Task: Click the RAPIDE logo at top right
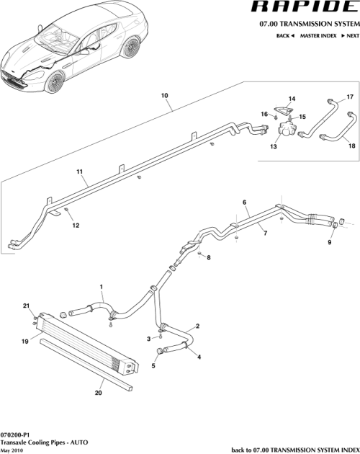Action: coord(305,9)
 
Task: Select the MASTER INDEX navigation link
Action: coord(320,35)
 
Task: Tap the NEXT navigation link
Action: coord(351,35)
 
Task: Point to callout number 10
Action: coord(164,96)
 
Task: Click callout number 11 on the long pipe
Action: coord(81,172)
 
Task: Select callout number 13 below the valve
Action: coord(273,146)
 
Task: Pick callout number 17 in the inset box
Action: coord(351,97)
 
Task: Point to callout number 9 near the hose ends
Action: coord(330,243)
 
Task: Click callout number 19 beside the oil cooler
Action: coord(24,342)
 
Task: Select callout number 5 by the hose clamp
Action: coord(153,365)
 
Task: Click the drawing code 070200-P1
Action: coord(16,436)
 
